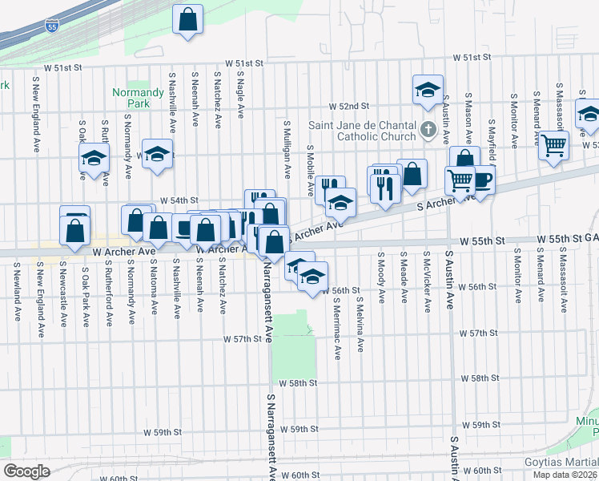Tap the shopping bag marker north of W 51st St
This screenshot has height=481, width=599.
pos(187,22)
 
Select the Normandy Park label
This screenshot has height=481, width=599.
pos(131,98)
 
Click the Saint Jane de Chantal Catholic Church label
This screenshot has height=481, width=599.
pos(363,131)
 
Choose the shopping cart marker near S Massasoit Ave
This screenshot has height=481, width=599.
pos(553,147)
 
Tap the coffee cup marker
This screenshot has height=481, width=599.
pos(481,180)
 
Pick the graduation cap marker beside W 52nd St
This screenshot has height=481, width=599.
pos(428,90)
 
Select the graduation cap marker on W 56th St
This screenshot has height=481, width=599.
pos(312,277)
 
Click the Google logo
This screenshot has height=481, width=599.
pos(26,471)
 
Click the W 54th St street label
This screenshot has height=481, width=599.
pos(179,200)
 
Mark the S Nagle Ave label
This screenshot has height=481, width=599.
pos(241,93)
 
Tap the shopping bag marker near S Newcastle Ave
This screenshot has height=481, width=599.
pos(74,230)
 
